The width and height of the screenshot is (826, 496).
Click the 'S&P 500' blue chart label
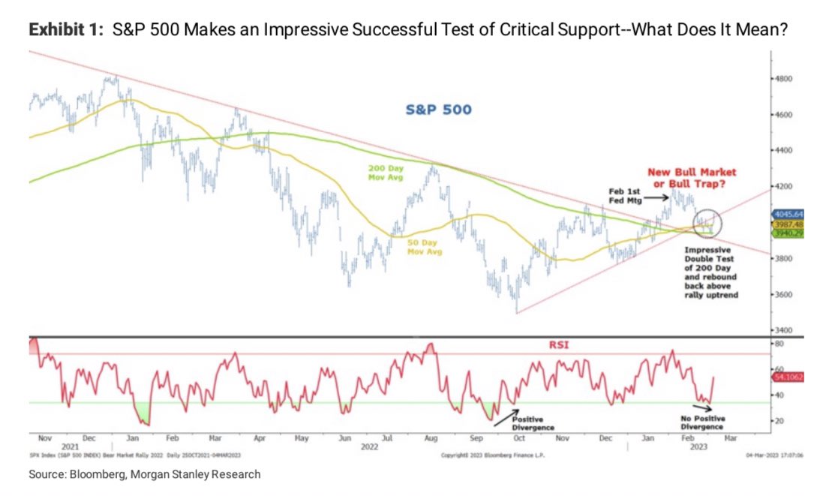[439, 110]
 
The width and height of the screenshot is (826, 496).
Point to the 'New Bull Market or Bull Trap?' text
[701, 178]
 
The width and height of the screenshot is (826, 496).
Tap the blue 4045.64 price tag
[789, 214]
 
